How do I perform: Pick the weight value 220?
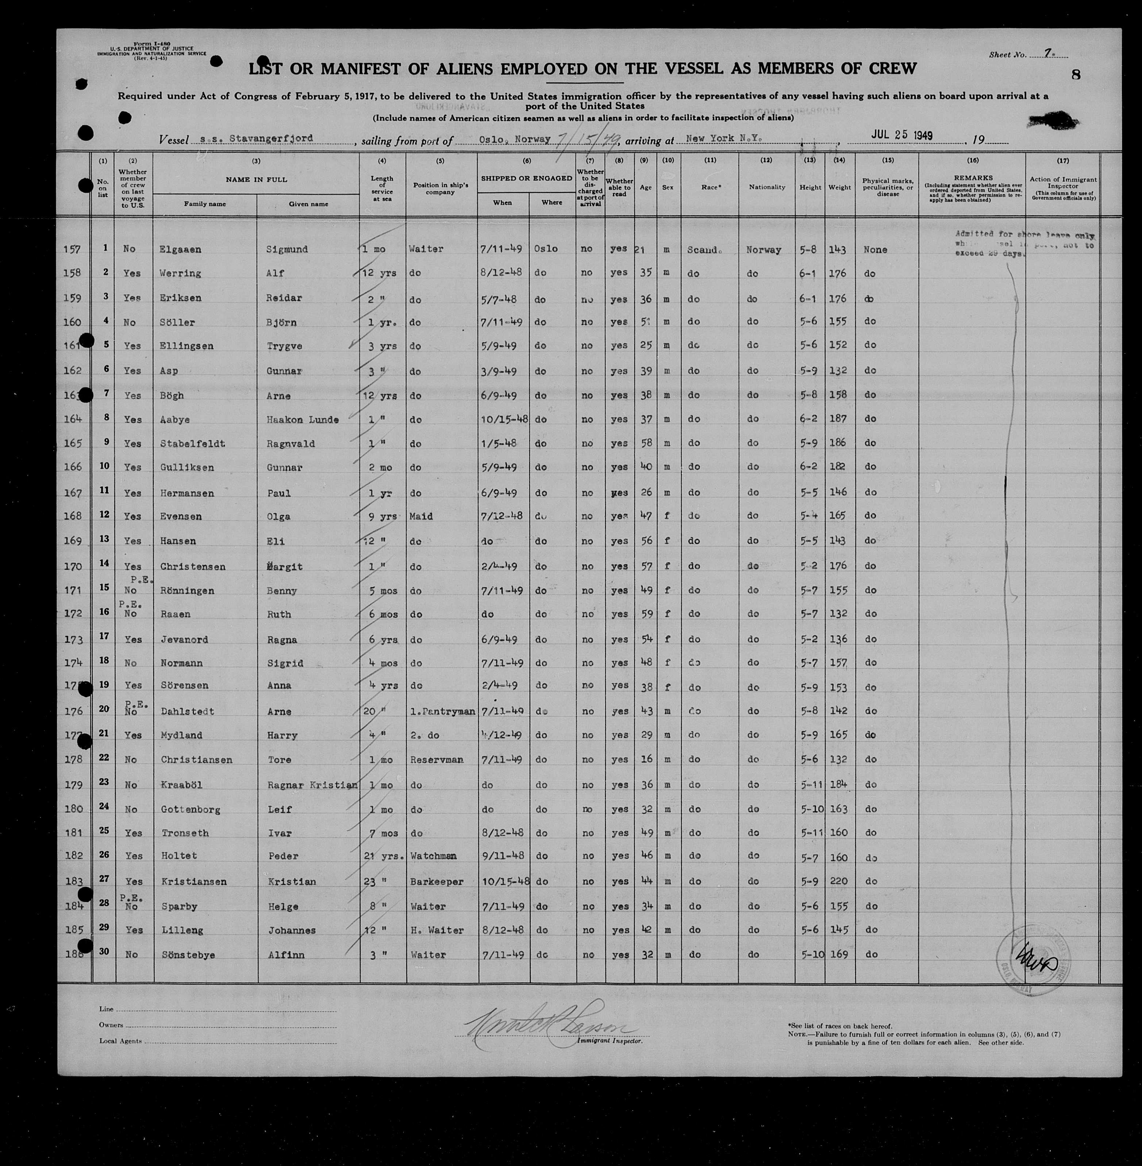tap(838, 881)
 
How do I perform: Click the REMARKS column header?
tap(972, 178)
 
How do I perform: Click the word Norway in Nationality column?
tap(764, 250)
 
